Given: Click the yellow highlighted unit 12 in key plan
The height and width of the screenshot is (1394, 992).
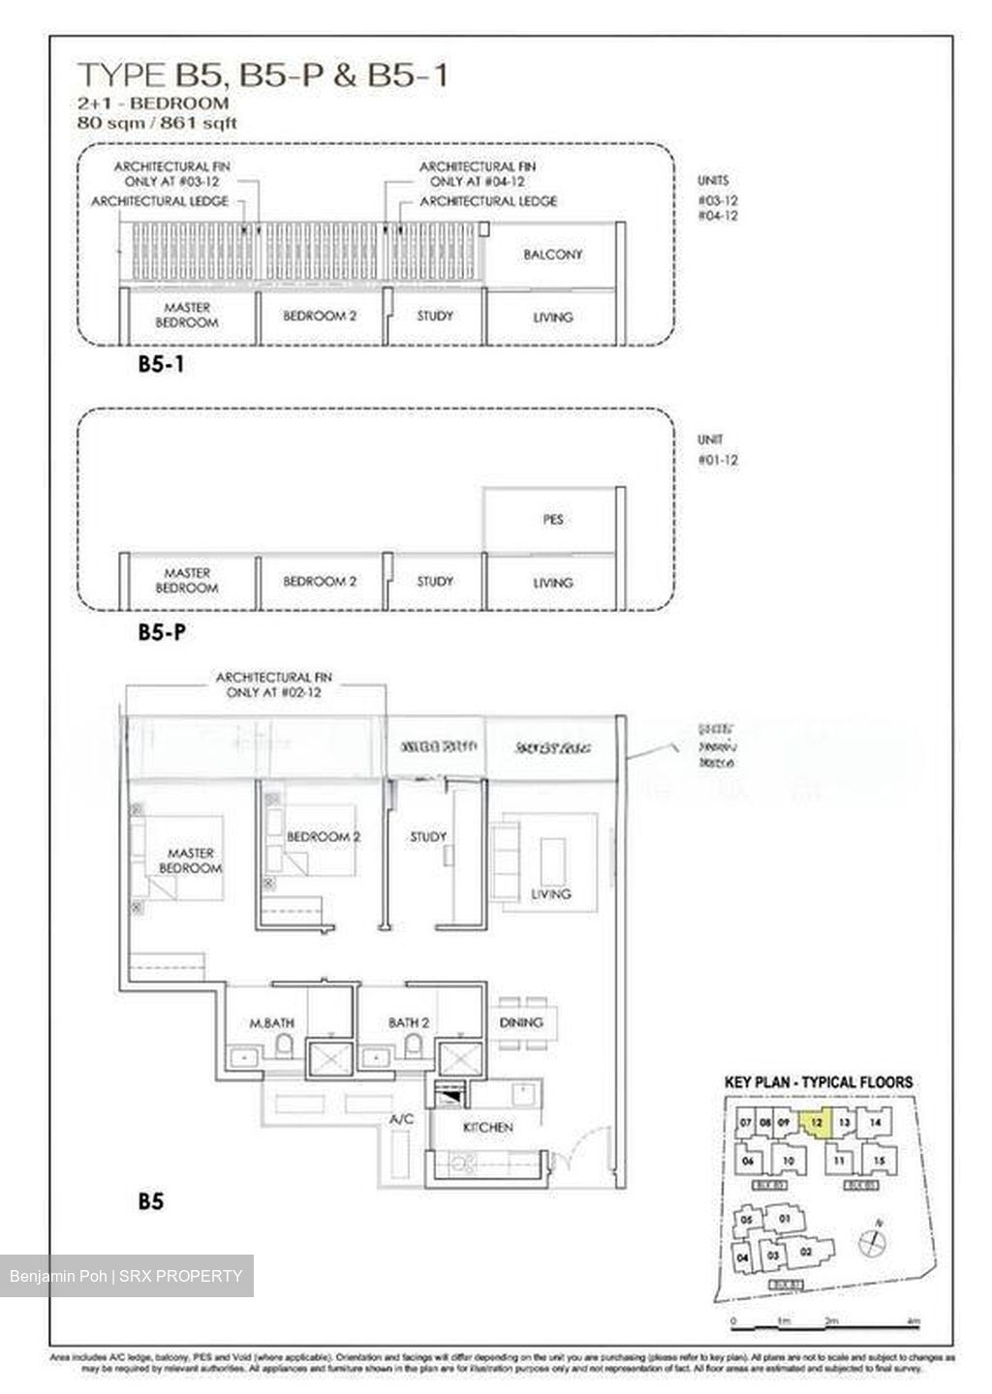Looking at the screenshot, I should (x=817, y=1125).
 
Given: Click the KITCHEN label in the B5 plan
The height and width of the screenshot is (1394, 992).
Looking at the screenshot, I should (x=487, y=1128).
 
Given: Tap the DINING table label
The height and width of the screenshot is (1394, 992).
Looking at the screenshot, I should (x=521, y=1022).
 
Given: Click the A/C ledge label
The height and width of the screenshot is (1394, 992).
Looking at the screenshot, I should (x=401, y=1119).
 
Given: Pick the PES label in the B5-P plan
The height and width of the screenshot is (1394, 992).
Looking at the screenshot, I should (x=552, y=520).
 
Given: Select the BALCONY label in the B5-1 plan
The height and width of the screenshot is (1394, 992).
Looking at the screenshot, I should (x=552, y=255).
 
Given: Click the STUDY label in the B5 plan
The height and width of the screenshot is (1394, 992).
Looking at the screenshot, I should (x=428, y=836).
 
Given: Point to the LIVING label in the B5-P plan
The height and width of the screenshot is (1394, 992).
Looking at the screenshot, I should (x=552, y=583).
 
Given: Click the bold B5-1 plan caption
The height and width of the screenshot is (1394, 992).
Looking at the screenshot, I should (x=161, y=365).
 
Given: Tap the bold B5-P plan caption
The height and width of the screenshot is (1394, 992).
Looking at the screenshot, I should (x=162, y=633).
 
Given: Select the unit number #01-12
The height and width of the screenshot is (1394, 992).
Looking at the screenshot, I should (x=718, y=460).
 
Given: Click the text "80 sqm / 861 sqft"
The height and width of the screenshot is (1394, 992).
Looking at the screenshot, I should (x=157, y=123).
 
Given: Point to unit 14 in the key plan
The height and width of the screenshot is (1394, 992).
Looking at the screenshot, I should (x=875, y=1123).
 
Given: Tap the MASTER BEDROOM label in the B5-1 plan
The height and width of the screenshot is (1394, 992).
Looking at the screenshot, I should (x=187, y=315).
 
